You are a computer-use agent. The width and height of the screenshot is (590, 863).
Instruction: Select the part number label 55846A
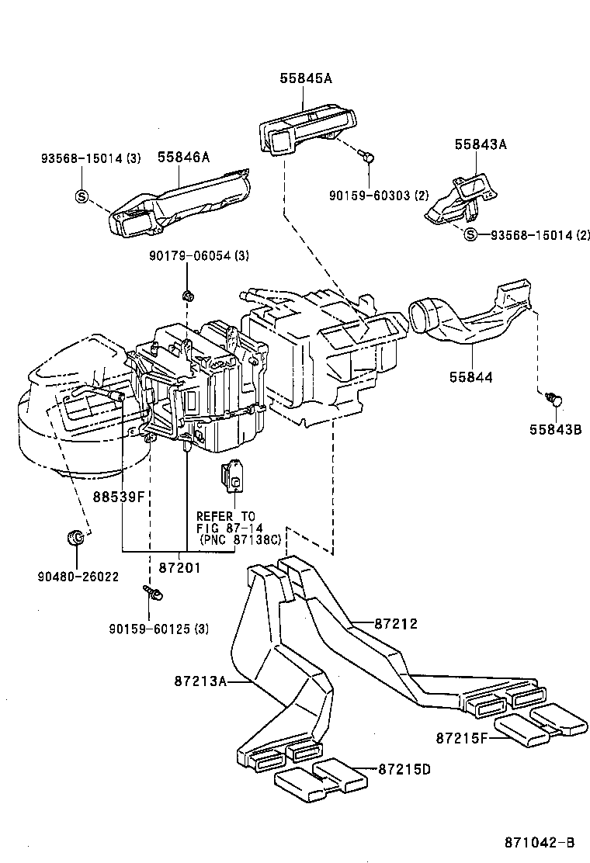pyautogui.click(x=184, y=158)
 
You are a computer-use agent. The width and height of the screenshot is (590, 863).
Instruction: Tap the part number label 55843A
pyautogui.click(x=481, y=144)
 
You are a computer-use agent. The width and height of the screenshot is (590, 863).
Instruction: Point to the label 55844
pyautogui.click(x=470, y=377)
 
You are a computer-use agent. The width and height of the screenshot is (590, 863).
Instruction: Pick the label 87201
pyautogui.click(x=179, y=567)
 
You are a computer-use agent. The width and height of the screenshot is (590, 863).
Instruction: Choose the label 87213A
pyautogui.click(x=200, y=681)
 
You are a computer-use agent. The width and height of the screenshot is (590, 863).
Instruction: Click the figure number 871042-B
pyautogui.click(x=538, y=842)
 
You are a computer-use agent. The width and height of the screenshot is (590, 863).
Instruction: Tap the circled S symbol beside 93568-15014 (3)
pyautogui.click(x=82, y=196)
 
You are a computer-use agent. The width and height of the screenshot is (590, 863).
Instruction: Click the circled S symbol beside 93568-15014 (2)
pyautogui.click(x=470, y=234)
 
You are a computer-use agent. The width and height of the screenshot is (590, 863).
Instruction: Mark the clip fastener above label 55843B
pyautogui.click(x=554, y=399)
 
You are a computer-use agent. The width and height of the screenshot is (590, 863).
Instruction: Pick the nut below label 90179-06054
pyautogui.click(x=186, y=295)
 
